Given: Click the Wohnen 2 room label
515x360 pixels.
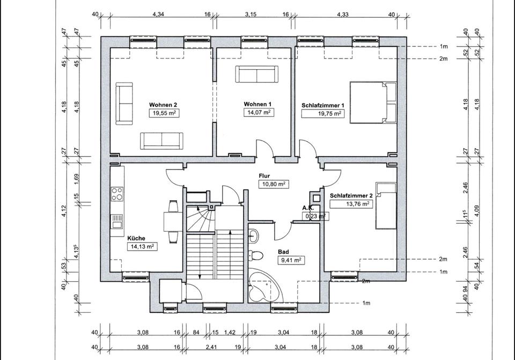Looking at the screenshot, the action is pos(163,105).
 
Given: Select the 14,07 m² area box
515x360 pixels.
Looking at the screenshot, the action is pos(259,112).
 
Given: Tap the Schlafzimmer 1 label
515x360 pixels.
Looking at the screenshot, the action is pos(322,106).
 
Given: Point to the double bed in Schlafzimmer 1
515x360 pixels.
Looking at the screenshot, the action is pos(373,102).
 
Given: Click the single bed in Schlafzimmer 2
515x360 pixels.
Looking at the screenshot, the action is pos(386,206).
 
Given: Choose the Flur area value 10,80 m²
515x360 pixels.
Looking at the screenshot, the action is pos(274,184).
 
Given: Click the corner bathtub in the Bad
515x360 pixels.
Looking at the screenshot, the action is pos(264,285).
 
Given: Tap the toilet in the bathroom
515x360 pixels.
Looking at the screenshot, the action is pos(255,255).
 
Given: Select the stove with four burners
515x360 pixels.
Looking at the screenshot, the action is pos(117,194).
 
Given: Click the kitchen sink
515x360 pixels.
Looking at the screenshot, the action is pos(117,222).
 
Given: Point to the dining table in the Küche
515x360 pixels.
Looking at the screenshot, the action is pos(173,222).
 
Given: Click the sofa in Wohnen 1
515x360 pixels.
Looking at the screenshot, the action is pos(257,74).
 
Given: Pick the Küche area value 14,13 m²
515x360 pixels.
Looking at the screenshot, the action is pos(142,246).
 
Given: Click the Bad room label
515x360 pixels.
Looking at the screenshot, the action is pos(283,252).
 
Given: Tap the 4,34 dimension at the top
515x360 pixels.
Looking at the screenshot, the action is pos(158,14).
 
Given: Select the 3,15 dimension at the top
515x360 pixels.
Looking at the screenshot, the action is pos(251,14).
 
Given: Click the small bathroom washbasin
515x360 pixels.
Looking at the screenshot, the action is pos(253,235).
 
